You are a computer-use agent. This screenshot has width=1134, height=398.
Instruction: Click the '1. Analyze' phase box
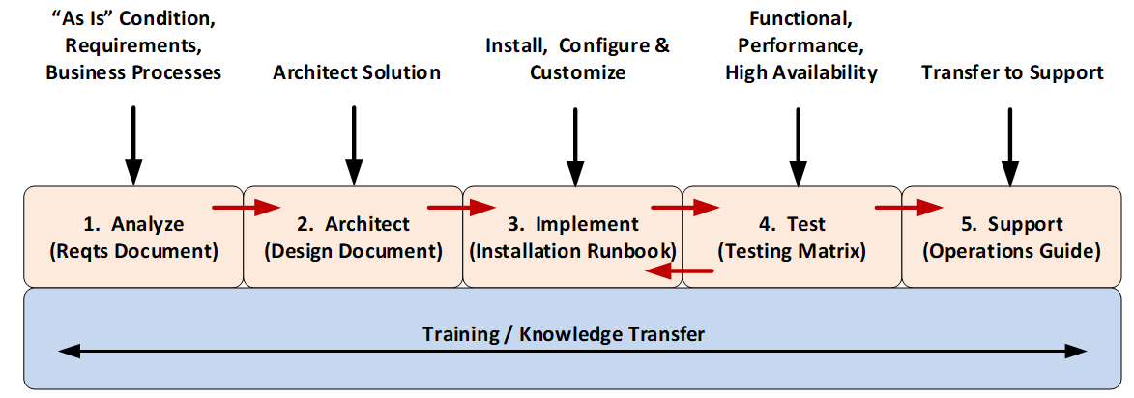[132, 237]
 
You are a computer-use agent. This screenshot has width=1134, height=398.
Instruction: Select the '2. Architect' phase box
[353, 237]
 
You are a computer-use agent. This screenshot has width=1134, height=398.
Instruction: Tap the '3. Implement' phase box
[573, 237]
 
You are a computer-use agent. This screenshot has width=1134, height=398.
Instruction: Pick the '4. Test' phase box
[792, 237]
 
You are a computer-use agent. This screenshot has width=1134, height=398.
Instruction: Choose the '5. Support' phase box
[1011, 237]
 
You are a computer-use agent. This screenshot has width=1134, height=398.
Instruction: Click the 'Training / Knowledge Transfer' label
[564, 334]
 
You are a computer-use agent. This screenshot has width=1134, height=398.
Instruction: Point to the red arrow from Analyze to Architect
[246, 206]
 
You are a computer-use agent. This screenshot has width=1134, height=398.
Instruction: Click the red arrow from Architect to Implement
[461, 206]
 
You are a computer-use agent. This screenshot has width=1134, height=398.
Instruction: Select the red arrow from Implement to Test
[685, 206]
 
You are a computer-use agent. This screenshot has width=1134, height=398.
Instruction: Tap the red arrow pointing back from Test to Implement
[679, 272]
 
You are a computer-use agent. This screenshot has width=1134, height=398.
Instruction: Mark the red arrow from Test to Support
[909, 206]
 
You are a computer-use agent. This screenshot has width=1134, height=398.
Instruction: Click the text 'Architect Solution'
[357, 72]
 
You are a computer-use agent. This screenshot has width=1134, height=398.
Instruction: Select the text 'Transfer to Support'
[1012, 72]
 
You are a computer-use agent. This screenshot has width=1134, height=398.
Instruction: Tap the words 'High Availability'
[801, 72]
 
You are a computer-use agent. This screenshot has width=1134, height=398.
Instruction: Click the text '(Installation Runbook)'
[572, 252]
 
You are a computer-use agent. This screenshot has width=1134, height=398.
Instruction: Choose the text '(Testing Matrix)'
[792, 252]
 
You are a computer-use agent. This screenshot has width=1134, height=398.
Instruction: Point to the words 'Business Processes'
[133, 72]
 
